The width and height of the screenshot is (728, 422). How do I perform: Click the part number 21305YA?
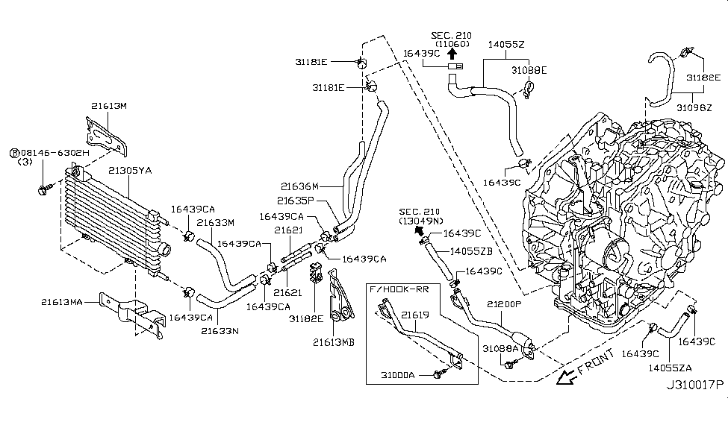[x=130, y=171]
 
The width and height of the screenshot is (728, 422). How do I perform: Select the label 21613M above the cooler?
[x=110, y=106]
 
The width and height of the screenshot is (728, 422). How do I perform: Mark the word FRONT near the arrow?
[x=596, y=362]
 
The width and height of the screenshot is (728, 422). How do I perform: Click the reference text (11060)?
[x=451, y=44]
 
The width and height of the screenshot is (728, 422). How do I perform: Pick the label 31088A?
[x=497, y=348]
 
